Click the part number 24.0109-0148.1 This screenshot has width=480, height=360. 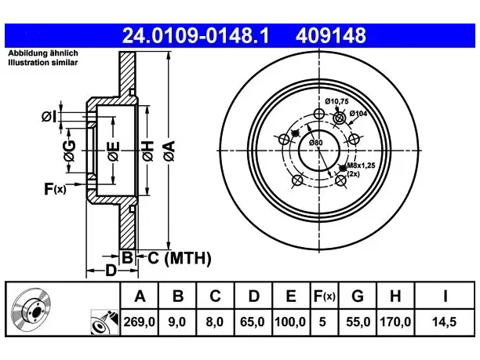pyautogui.click(x=195, y=35)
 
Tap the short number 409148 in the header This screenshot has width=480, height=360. pyautogui.click(x=331, y=35)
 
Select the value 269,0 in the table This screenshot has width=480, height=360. pyautogui.click(x=140, y=322)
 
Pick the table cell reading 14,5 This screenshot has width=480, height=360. pyautogui.click(x=444, y=322)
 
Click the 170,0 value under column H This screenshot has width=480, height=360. pyautogui.click(x=395, y=322)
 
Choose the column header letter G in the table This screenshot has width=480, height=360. pyautogui.click(x=358, y=296)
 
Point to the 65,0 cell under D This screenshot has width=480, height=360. pyautogui.click(x=253, y=322)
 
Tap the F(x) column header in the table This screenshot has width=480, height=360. pyautogui.click(x=325, y=296)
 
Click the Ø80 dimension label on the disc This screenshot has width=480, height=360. pyautogui.click(x=315, y=143)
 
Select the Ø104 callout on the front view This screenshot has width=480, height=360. pyautogui.click(x=358, y=113)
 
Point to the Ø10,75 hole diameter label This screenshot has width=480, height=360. pyautogui.click(x=336, y=101)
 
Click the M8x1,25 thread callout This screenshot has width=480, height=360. pyautogui.click(x=361, y=166)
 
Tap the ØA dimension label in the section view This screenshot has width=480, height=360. pyautogui.click(x=169, y=151)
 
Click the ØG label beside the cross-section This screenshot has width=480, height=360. pyautogui.click(x=70, y=151)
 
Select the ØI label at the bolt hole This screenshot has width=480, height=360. pyautogui.click(x=49, y=117)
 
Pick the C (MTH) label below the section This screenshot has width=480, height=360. pyautogui.click(x=180, y=258)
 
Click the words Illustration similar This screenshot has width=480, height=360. pyautogui.click(x=43, y=63)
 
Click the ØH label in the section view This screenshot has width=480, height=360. pyautogui.click(x=148, y=151)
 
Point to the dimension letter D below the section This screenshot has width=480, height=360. pyautogui.click(x=111, y=271)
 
